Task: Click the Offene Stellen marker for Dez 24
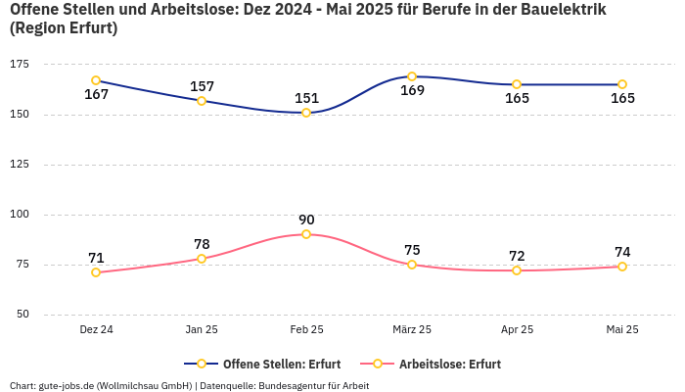(x=96, y=80)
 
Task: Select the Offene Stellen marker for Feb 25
(x=306, y=113)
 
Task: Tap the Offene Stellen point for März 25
(x=412, y=76)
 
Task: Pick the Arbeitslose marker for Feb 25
(x=306, y=234)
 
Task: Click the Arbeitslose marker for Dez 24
(x=96, y=272)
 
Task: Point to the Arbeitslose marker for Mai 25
(x=622, y=267)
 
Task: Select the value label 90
(x=306, y=220)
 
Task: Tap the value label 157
(x=202, y=86)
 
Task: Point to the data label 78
(x=202, y=244)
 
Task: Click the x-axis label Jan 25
(x=202, y=330)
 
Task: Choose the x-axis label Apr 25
(x=517, y=330)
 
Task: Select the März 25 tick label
(x=412, y=330)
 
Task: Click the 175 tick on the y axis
(x=20, y=64)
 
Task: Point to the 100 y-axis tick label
(x=20, y=214)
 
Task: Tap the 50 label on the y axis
(x=23, y=314)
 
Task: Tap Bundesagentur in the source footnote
(x=295, y=386)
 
